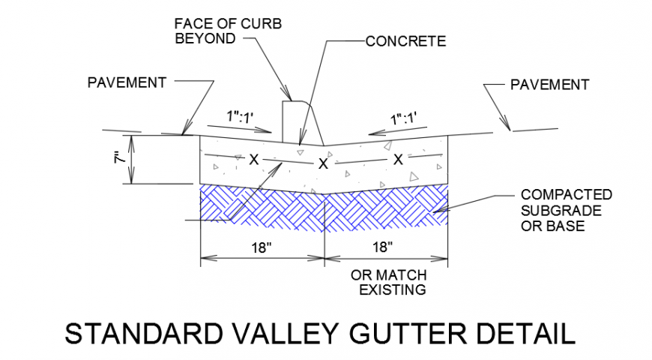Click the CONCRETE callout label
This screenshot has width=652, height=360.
tap(405, 41)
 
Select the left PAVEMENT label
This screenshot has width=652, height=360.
tap(126, 82)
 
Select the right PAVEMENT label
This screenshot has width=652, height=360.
tap(549, 85)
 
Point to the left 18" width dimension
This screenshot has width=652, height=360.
tap(262, 247)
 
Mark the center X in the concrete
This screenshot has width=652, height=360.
tap(324, 163)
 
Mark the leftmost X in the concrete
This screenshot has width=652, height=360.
tap(254, 159)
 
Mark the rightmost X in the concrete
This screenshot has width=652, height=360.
tap(398, 159)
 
